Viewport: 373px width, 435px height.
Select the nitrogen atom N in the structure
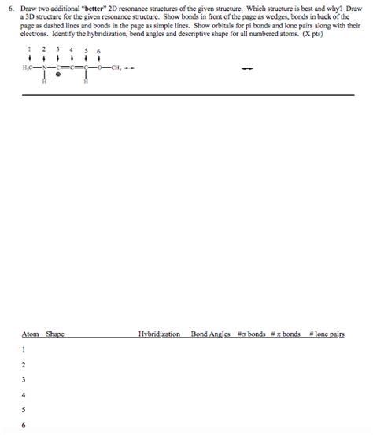click(x=44, y=68)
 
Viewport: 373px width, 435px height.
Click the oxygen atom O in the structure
click(x=98, y=68)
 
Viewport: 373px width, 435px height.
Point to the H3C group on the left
click(x=29, y=68)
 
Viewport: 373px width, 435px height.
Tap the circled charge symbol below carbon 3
click(x=58, y=77)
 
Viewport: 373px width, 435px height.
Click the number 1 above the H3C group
click(x=30, y=49)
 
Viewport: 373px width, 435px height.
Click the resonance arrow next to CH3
click(x=130, y=68)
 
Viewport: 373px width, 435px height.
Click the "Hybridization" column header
click(x=159, y=334)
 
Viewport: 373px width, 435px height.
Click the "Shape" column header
click(x=55, y=334)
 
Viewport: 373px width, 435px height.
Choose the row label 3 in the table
click(x=24, y=379)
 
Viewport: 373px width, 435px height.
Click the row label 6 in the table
click(x=24, y=425)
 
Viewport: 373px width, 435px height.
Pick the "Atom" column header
click(x=30, y=334)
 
